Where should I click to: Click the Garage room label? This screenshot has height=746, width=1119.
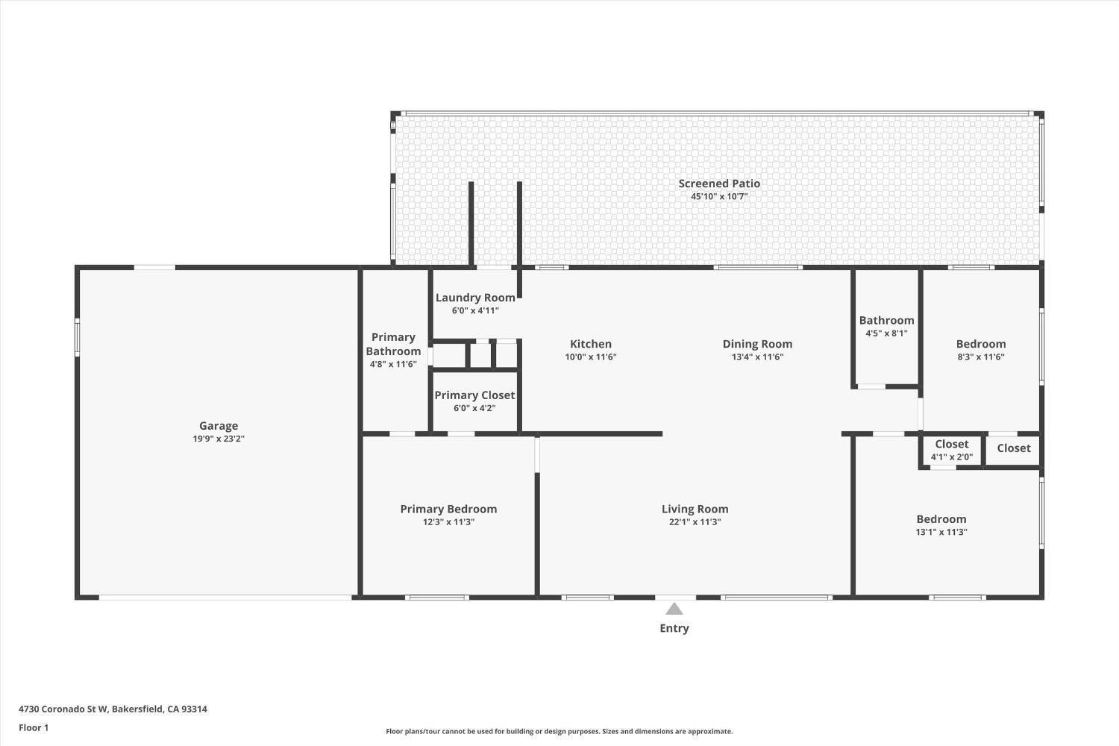(219, 426)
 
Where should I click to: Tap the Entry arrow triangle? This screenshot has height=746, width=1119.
(674, 609)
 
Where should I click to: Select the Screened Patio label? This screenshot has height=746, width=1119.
(719, 184)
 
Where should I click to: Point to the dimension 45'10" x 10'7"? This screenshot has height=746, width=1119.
(719, 197)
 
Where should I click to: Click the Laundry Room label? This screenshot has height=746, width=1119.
(475, 298)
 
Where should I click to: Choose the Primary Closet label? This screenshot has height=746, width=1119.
(474, 395)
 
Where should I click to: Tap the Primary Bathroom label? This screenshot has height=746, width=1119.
(393, 344)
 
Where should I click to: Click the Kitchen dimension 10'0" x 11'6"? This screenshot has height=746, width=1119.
(591, 357)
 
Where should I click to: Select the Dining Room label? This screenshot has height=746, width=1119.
(757, 344)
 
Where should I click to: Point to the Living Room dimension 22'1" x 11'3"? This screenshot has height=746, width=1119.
(695, 522)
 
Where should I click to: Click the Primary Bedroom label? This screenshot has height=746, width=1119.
(448, 509)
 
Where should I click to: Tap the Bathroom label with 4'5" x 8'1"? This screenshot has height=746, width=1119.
(886, 321)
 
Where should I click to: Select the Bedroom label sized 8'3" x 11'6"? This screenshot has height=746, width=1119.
(981, 344)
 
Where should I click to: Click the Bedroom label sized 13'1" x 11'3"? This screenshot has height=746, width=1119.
(941, 519)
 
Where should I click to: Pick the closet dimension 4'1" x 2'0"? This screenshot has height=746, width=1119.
(951, 457)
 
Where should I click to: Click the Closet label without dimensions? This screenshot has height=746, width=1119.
(1014, 448)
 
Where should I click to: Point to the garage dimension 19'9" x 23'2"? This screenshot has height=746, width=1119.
(219, 439)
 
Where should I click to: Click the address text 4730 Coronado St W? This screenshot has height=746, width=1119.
(64, 709)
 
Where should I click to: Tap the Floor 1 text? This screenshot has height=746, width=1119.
(34, 728)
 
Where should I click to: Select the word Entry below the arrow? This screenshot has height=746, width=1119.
(674, 629)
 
